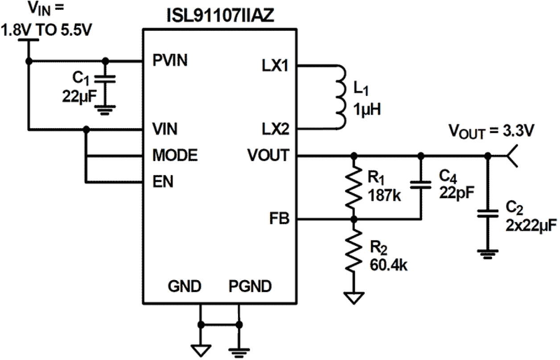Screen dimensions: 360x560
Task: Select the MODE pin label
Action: [x=175, y=156]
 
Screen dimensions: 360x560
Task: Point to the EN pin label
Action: [x=163, y=182]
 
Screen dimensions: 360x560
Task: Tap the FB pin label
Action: [x=280, y=219]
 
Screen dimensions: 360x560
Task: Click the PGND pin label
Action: [x=250, y=286]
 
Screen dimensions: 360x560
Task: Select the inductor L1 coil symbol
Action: [x=341, y=98]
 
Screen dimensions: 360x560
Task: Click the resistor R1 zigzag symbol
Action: [x=354, y=187]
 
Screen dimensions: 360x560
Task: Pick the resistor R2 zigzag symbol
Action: [x=354, y=251]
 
